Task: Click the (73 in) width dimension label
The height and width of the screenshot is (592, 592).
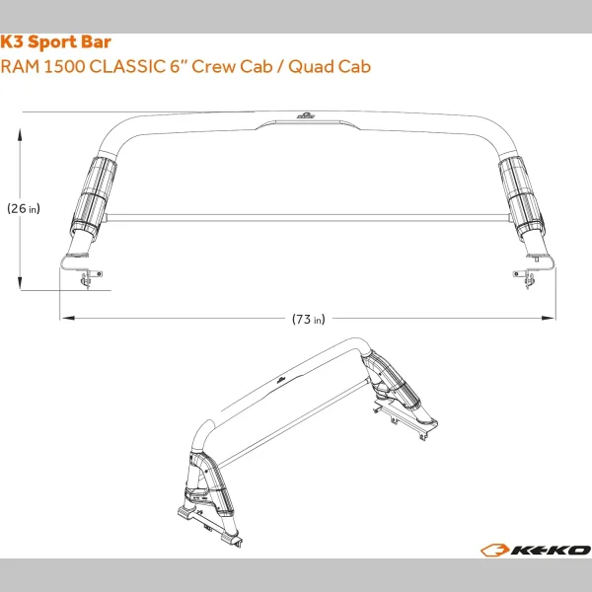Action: click(309, 319)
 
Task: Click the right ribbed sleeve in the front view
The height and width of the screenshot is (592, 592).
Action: click(520, 192)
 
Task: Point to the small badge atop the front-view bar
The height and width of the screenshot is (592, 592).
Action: click(307, 116)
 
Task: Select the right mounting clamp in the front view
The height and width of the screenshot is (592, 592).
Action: click(526, 275)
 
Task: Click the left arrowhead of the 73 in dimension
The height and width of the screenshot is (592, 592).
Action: click(64, 319)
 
